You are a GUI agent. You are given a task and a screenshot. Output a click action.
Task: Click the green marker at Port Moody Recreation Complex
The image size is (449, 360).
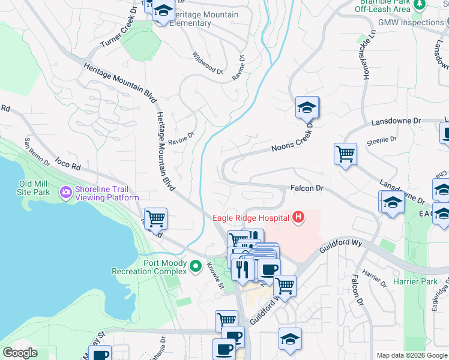point(195,265)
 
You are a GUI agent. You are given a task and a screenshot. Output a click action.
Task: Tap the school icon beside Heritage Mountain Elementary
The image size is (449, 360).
point(163,11)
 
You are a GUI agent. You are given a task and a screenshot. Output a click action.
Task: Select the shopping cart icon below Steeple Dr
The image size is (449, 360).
point(345,154)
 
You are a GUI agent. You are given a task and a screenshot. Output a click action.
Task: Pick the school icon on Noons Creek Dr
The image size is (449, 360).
point(307,107)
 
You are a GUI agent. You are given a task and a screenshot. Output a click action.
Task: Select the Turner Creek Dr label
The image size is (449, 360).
point(119,34)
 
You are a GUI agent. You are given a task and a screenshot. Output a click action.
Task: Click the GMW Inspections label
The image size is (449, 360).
point(410,22)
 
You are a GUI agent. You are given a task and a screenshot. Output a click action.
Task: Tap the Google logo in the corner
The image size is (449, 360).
point(20,353)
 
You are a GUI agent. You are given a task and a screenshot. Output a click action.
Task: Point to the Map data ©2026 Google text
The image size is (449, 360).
point(412,355)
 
